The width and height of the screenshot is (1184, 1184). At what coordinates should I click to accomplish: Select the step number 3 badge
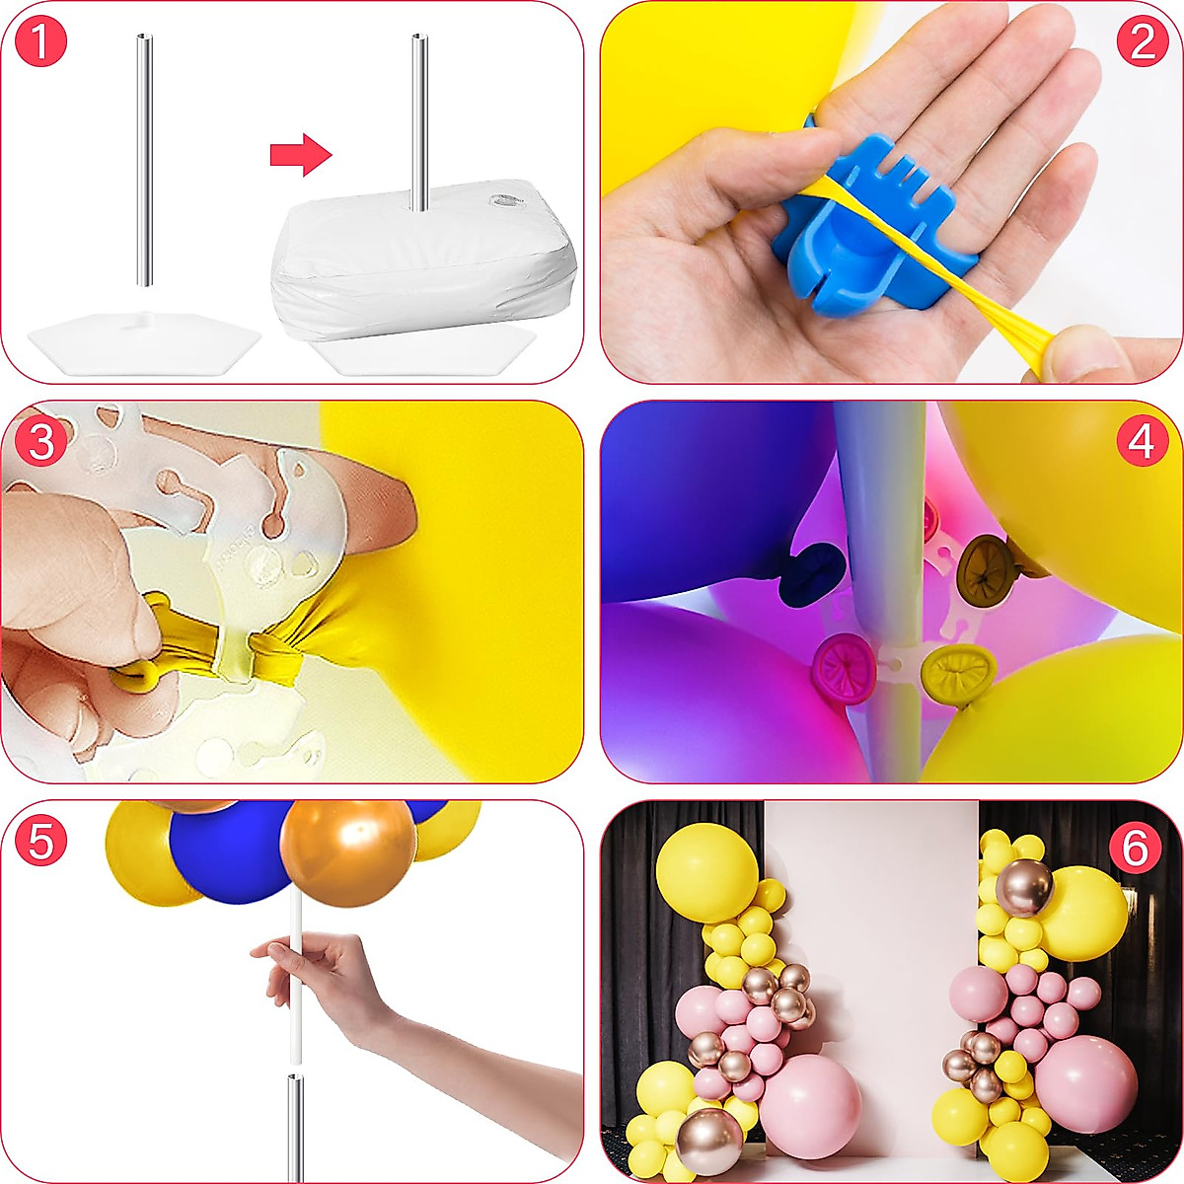[41, 443]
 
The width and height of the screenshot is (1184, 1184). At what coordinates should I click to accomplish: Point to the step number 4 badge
[1142, 443]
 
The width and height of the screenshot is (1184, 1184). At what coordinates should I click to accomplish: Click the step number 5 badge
[41, 842]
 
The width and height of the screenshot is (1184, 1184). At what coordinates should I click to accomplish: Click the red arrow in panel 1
[301, 155]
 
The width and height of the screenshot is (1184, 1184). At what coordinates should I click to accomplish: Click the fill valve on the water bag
[507, 204]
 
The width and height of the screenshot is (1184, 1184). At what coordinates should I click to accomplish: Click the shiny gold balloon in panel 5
[346, 851]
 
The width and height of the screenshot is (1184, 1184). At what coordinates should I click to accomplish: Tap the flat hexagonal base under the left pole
[143, 339]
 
